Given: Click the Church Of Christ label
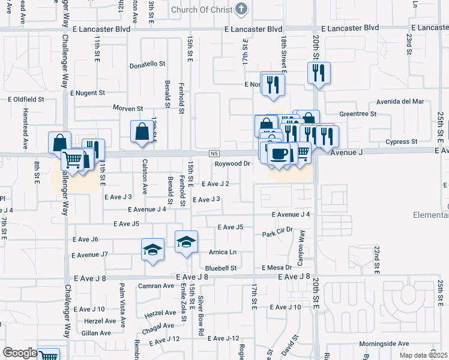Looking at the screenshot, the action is click(201, 9).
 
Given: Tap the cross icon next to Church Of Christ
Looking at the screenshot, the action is click(241, 8).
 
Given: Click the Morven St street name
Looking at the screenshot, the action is click(128, 109).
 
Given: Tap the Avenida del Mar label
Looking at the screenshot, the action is click(400, 101).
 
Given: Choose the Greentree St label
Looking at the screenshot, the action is click(358, 113).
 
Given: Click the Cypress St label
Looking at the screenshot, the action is click(402, 142).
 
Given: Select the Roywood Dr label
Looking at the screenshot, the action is click(232, 163).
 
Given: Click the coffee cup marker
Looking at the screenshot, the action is click(279, 154).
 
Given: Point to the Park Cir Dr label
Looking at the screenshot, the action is click(277, 230).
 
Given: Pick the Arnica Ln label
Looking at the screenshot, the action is click(223, 252).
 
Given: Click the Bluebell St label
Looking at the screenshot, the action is click(221, 268).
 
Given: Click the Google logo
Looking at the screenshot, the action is click(19, 353).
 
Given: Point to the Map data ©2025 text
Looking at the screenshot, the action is click(424, 355).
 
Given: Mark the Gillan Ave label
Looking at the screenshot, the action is click(97, 332).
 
